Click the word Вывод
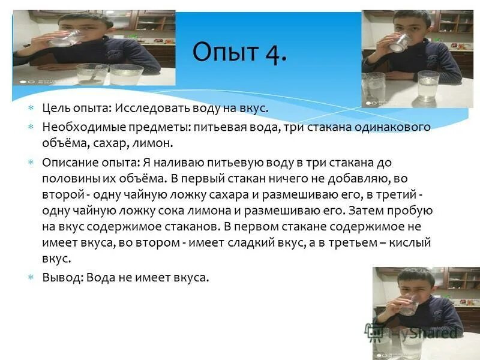coord(62,278)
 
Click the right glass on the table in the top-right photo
coord(428,86)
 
